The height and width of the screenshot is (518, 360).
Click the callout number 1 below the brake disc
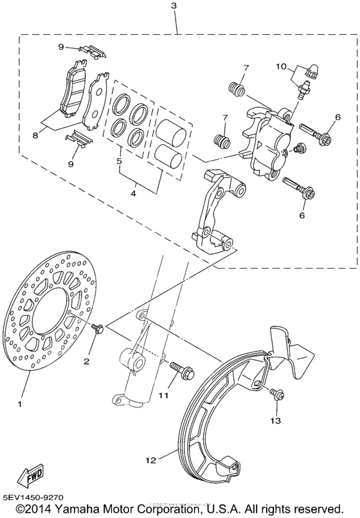click(20, 404)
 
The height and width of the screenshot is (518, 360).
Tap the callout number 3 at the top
click(174, 6)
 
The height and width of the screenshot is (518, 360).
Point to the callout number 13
click(276, 421)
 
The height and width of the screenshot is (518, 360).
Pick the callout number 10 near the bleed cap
click(281, 66)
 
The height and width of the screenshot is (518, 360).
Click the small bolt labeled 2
click(97, 329)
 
